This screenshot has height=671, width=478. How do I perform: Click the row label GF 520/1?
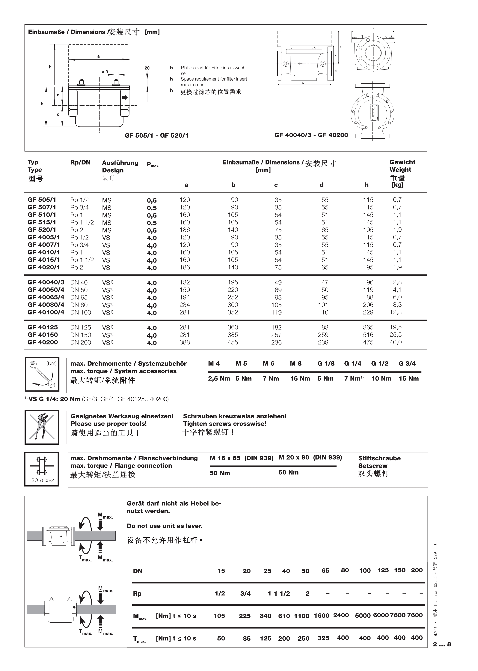click(42, 230)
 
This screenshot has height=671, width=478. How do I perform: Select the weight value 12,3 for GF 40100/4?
click(396, 312)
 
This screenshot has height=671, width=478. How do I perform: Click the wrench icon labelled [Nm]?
click(42, 374)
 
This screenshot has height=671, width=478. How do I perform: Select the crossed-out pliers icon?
click(42, 427)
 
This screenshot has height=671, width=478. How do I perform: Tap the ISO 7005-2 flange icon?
click(42, 469)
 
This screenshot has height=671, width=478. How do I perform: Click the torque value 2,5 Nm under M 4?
click(219, 378)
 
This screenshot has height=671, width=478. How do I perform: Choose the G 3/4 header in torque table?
click(407, 363)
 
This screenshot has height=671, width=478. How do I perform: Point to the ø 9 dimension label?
click(105, 72)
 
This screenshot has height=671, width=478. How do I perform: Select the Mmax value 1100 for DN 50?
click(302, 616)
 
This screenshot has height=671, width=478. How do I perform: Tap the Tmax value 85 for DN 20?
click(247, 639)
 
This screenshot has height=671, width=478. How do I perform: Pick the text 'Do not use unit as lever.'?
click(165, 526)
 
